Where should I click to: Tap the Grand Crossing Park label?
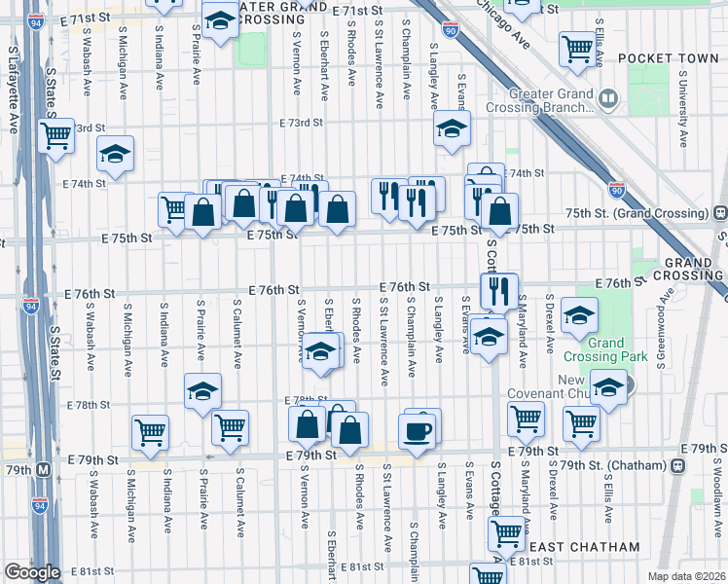pyautogui.click(x=605, y=350)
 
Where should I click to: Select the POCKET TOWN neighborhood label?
pyautogui.click(x=654, y=58)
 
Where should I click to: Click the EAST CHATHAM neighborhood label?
pyautogui.click(x=582, y=548)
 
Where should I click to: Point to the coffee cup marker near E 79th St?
pyautogui.click(x=417, y=431)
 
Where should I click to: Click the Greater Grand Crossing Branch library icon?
pyautogui.click(x=609, y=98)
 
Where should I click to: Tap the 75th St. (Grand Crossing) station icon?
pyautogui.click(x=719, y=212)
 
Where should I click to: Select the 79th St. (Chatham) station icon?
pyautogui.click(x=676, y=465)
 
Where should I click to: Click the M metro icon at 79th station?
pyautogui.click(x=43, y=468)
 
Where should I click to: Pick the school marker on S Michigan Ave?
pyautogui.click(x=115, y=154)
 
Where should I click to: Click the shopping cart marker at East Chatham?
pyautogui.click(x=506, y=532)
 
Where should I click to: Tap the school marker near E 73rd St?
pyautogui.click(x=451, y=128)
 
